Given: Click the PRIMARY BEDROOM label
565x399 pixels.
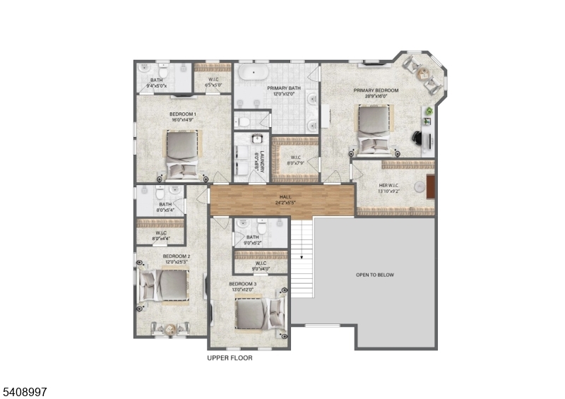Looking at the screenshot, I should (376, 90).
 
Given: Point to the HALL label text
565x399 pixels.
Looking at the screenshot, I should (285, 198).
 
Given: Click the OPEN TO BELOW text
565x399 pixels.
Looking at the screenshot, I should (374, 275).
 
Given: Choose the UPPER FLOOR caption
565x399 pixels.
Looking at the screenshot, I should (230, 358).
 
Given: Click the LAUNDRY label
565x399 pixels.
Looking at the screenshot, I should (261, 161).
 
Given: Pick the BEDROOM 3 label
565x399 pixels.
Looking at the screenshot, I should (242, 284).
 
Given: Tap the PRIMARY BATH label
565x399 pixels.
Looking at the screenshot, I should (284, 88).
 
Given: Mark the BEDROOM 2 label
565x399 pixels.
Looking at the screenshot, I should (176, 256).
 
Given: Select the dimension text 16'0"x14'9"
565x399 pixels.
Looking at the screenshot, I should (182, 120).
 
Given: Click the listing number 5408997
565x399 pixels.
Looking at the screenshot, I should (25, 391).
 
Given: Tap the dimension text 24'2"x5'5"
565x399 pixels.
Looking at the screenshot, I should (285, 203).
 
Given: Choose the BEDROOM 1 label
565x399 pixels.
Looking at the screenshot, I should (182, 114).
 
